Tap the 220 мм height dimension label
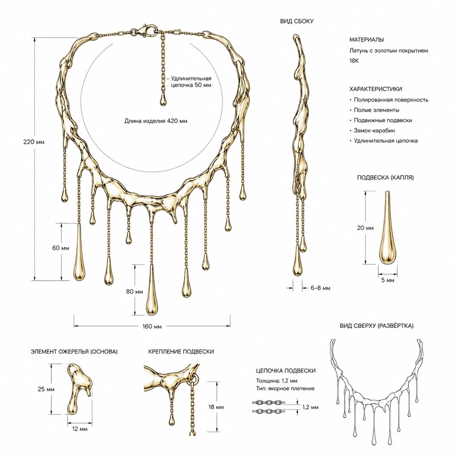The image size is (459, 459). pyautogui.click(x=34, y=142)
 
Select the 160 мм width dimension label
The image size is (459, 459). pyautogui.click(x=152, y=326)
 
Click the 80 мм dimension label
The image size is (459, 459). pyautogui.click(x=134, y=292)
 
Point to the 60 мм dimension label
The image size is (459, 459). pyautogui.click(x=61, y=248)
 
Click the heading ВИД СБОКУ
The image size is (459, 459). pyautogui.click(x=296, y=21)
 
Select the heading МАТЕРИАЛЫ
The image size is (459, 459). pyautogui.click(x=367, y=39)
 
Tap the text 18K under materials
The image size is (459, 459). pyautogui.click(x=354, y=61)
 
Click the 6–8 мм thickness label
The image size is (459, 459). pyautogui.click(x=321, y=288)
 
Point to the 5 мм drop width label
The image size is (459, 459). pyautogui.click(x=388, y=280)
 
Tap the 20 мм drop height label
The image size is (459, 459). pyautogui.click(x=365, y=228)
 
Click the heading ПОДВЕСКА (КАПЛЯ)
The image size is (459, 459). pyautogui.click(x=385, y=177)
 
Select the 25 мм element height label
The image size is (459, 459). pyautogui.click(x=46, y=389)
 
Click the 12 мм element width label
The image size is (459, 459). pyautogui.click(x=80, y=429)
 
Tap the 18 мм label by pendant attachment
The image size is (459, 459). pyautogui.click(x=216, y=407)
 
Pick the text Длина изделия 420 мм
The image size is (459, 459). pyautogui.click(x=156, y=121)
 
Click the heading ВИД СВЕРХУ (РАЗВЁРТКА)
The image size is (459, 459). pyautogui.click(x=376, y=326)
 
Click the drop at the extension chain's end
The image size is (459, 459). pyautogui.click(x=163, y=99)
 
